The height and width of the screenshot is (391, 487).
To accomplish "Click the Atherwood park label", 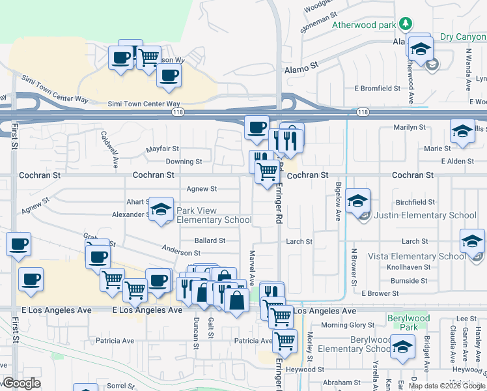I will point(365,25).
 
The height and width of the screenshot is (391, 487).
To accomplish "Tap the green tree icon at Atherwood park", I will point(406,24).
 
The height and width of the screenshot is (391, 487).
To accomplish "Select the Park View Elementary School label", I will point(214,215).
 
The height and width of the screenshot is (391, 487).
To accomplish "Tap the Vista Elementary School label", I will point(417,256).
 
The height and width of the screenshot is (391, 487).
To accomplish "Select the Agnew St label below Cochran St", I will point(202,189).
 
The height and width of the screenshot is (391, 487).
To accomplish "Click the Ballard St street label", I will point(210,240).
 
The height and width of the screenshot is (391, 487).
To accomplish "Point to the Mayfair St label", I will point(162,149).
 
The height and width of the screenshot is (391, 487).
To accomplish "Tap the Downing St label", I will point(184,162).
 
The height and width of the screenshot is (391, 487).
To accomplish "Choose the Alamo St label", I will point(300,66).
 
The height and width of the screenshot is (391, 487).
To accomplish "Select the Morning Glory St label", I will point(344,325).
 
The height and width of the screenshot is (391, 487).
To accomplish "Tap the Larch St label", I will point(299,241).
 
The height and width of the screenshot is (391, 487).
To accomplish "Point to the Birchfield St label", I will point(415,202).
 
